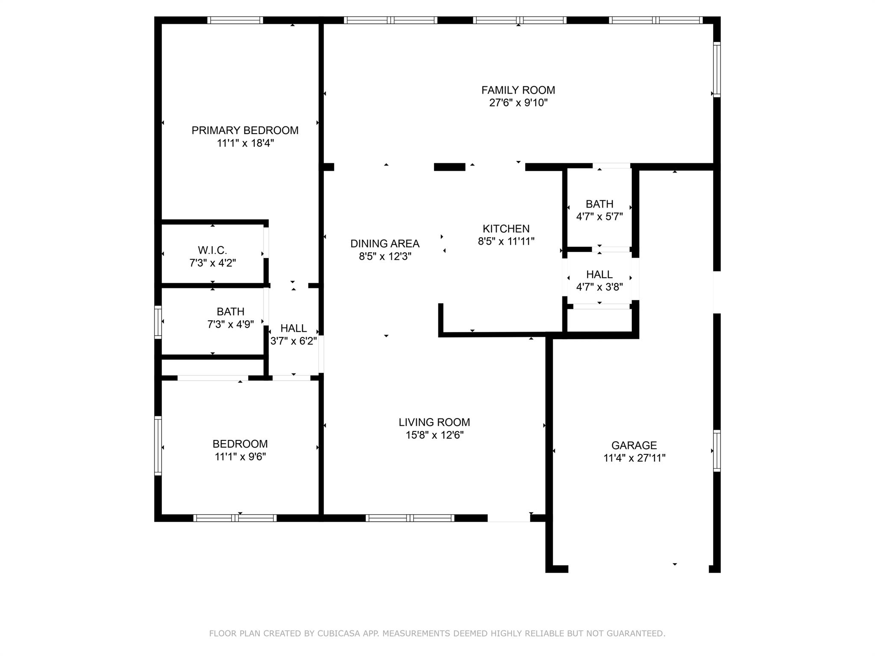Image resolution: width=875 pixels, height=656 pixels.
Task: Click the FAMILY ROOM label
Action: tap(518, 90)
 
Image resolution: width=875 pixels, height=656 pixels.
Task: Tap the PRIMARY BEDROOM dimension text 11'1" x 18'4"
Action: tap(245, 143)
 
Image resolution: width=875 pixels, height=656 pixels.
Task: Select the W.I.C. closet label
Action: tap(212, 250)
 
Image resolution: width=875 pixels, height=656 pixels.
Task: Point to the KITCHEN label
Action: tap(506, 228)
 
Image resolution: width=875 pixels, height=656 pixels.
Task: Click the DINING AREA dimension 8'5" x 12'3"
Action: tap(385, 256)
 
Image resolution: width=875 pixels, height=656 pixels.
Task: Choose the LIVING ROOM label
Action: tap(434, 422)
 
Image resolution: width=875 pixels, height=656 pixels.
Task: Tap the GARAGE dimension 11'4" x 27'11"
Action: tap(634, 458)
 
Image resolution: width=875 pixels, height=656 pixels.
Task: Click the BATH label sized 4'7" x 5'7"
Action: tap(599, 204)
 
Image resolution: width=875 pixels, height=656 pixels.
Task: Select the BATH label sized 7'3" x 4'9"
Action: tap(230, 312)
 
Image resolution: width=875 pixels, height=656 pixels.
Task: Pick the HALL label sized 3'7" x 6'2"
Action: tap(293, 328)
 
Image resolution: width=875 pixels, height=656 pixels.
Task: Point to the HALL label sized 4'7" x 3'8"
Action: tap(599, 274)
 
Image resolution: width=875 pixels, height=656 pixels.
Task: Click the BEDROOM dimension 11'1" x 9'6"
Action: tap(240, 457)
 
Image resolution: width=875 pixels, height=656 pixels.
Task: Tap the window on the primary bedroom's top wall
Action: tap(235, 20)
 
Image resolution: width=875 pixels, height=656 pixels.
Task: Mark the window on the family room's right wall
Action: tap(717, 70)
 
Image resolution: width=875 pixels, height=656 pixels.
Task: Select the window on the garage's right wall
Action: tap(717, 451)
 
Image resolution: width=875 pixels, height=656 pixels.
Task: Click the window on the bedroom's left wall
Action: tap(158, 445)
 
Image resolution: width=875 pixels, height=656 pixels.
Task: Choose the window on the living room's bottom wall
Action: tap(410, 518)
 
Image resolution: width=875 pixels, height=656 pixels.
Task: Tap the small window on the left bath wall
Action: tap(158, 322)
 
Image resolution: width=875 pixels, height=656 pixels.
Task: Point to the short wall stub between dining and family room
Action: tap(449, 167)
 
